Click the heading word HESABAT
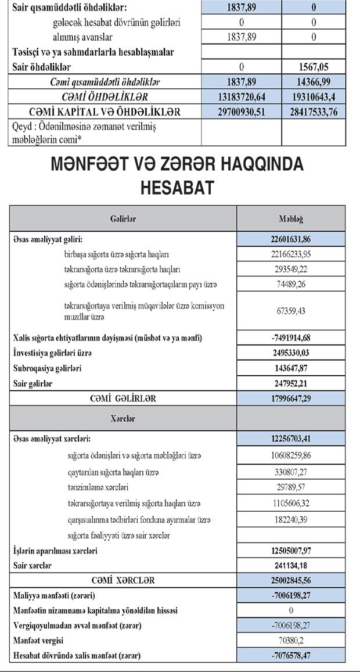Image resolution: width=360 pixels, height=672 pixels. [x=179, y=187]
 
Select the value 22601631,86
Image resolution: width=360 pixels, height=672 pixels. [x=291, y=239]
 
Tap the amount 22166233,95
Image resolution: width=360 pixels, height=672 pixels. [x=291, y=254]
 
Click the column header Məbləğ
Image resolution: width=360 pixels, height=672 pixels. [x=291, y=218]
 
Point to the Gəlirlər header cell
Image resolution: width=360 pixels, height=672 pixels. [x=123, y=218]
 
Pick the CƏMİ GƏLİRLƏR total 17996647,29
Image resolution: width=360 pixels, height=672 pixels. [x=291, y=398]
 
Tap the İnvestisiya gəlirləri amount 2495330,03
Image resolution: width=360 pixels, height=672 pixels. [x=291, y=353]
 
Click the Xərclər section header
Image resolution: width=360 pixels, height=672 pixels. [x=123, y=418]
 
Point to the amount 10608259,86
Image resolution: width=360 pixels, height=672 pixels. [x=291, y=455]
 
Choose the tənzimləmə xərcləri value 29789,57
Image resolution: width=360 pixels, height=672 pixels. [x=291, y=487]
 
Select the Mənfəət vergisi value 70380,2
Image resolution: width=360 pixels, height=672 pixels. [x=291, y=641]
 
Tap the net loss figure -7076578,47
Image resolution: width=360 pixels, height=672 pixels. [x=291, y=656]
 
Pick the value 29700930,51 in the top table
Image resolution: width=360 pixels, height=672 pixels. [x=241, y=111]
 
